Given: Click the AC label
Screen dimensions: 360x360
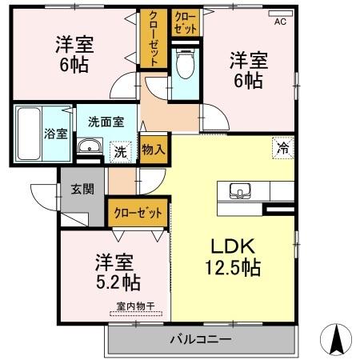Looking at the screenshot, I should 280,22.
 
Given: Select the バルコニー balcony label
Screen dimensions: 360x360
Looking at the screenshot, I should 200,339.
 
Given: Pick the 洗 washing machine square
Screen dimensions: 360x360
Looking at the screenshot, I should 119,150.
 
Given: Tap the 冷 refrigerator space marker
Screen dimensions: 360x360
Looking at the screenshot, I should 282,146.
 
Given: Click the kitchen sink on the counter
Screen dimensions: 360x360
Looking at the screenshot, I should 240,191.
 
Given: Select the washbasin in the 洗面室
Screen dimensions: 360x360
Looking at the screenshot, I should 88,146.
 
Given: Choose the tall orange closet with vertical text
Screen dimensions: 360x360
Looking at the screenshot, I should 152,38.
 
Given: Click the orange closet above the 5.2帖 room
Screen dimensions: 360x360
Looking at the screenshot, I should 138,213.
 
